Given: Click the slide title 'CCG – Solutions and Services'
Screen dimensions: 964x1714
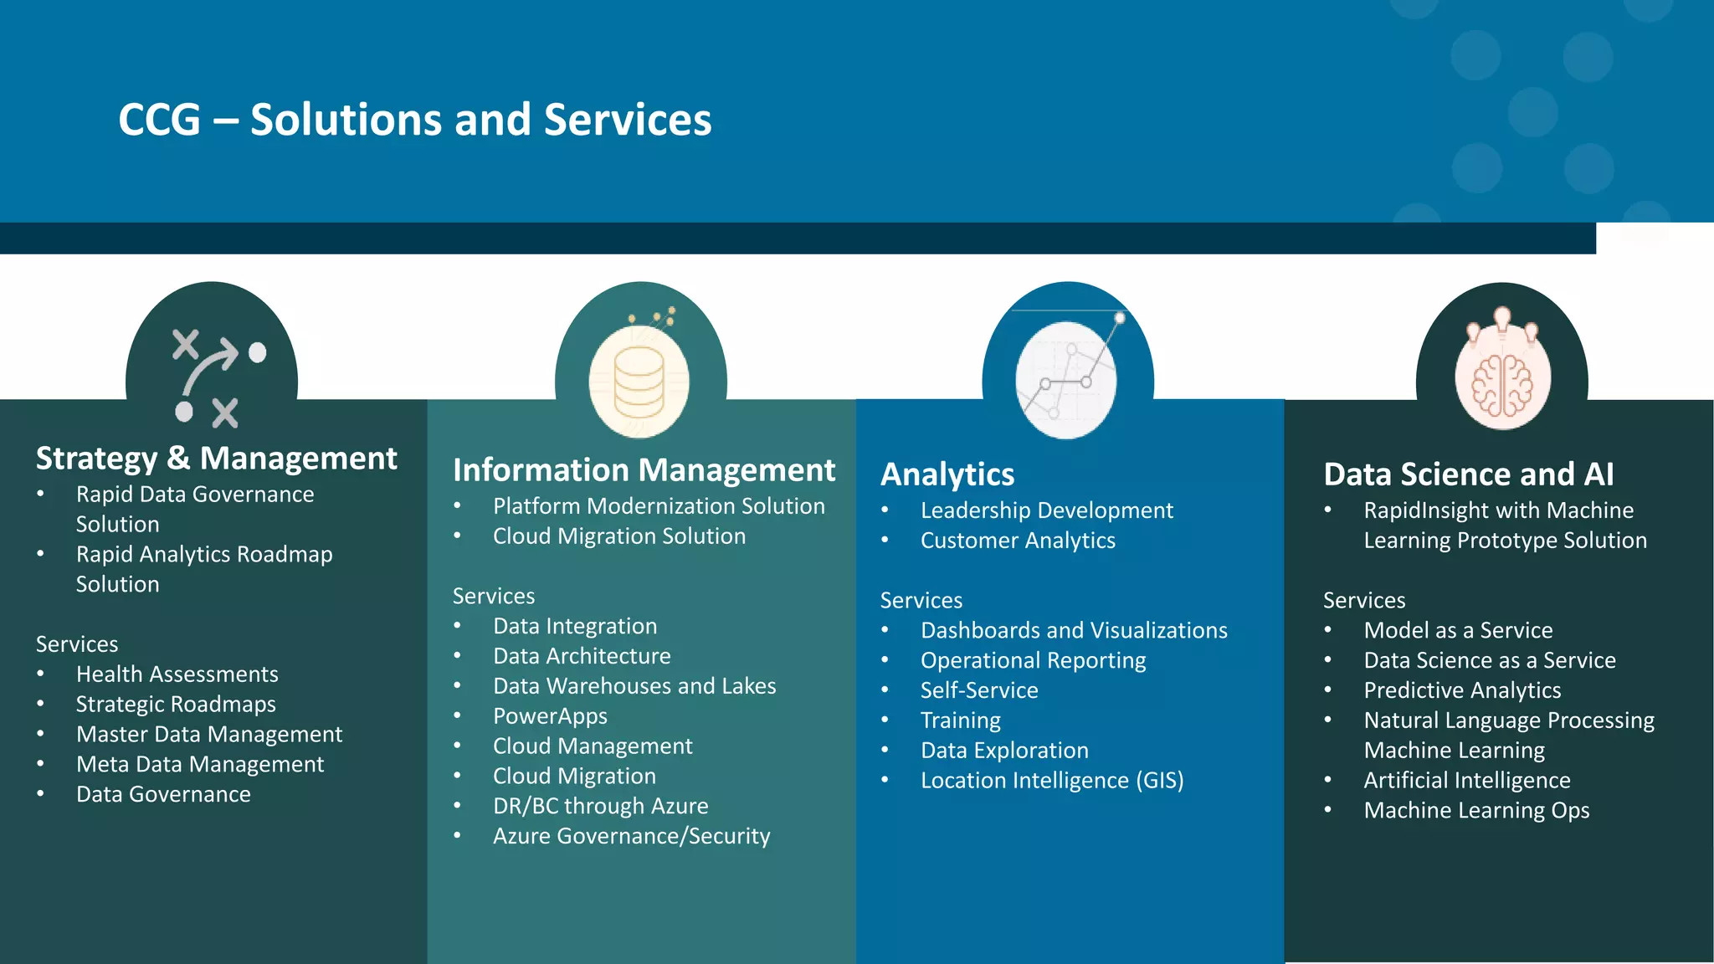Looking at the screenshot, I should pos(415,120).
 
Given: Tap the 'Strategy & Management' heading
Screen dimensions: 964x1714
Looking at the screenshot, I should pos(216,459).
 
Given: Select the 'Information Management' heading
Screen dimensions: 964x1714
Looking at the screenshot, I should pos(644,470).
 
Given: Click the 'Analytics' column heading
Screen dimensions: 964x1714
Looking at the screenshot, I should pos(947,474).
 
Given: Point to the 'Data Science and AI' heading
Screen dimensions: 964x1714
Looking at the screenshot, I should pos(1468,474).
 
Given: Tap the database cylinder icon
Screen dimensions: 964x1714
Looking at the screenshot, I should pos(639,382).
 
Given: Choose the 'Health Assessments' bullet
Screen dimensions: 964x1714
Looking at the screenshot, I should pos(177,674).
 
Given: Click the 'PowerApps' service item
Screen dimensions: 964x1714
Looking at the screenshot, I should pos(550,716).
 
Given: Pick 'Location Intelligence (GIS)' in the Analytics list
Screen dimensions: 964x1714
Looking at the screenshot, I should pos(1052,781).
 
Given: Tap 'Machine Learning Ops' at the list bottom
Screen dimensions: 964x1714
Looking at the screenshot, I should pos(1476,811).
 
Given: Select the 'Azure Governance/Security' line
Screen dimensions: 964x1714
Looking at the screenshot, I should pos(631,836).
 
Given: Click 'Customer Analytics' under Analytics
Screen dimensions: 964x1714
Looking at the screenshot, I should pos(1018,541).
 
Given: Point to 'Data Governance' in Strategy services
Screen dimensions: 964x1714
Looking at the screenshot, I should pos(163,794).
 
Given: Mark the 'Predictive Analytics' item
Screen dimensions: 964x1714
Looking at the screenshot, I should pos(1462,690).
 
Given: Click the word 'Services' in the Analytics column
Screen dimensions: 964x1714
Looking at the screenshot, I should pos(921,601).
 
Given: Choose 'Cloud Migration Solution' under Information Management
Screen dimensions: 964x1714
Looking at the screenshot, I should pos(618,536).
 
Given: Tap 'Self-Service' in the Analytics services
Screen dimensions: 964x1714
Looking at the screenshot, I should pos(979,690).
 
